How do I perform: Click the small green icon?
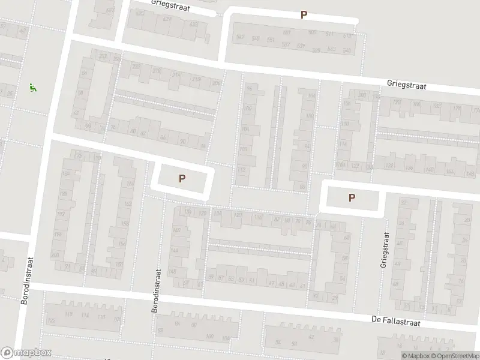pos(32,88)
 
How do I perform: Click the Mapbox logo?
pos(26,352)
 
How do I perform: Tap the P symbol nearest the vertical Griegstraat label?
pos(352,197)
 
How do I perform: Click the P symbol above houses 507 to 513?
pos(304,15)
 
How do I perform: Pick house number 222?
pos(136,66)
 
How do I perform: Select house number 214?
pos(176,74)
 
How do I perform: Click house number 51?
pos(252,281)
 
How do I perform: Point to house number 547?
pos(241,37)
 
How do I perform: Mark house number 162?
pos(127,203)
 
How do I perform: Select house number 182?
pos(437,106)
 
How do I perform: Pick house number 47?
pos(272,283)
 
